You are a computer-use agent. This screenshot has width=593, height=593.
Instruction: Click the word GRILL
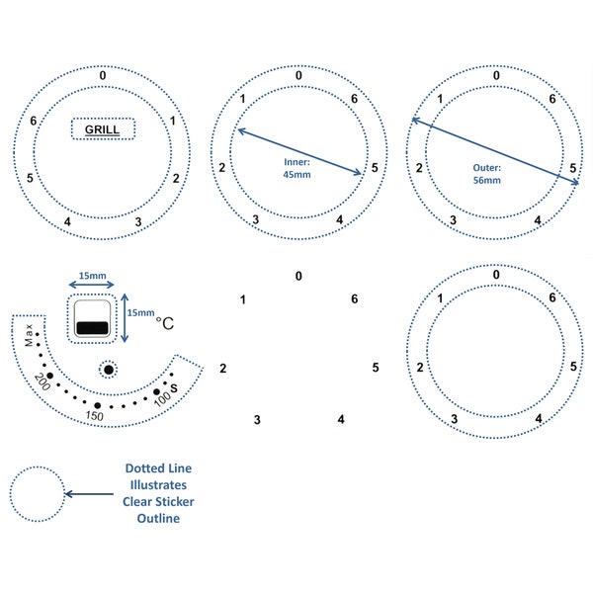point(102,129)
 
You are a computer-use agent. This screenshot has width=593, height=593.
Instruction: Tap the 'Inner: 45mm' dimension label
point(296,168)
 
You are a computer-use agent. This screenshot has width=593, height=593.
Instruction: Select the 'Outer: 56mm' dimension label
point(486,174)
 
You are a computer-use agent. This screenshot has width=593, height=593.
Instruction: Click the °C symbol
point(165,323)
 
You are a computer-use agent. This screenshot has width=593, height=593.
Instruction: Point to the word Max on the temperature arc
point(29,335)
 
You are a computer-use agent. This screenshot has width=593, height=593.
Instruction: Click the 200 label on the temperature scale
point(42,381)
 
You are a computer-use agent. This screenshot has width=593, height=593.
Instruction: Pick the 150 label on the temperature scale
point(94,416)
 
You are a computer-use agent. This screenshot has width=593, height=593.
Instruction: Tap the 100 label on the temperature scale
point(163,399)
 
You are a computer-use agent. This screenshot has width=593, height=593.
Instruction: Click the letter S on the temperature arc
point(174,388)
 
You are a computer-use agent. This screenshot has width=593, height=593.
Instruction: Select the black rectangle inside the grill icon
point(92,328)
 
